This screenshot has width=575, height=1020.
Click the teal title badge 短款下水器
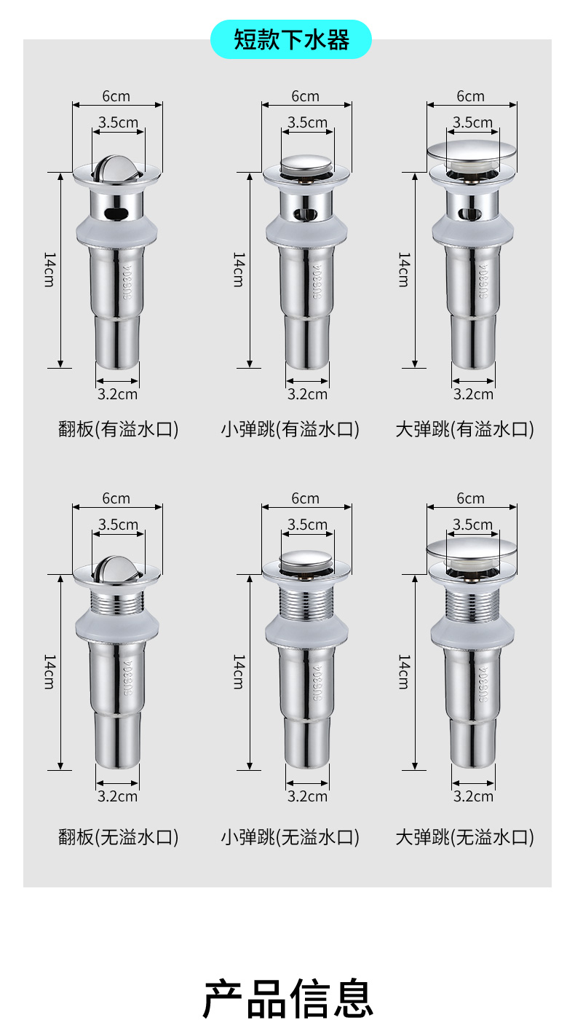click(290, 39)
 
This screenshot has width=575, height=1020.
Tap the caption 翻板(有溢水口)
click(118, 429)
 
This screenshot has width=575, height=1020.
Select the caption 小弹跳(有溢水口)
click(290, 429)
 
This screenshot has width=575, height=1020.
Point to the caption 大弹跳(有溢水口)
click(464, 429)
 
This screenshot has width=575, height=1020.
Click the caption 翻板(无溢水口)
click(118, 837)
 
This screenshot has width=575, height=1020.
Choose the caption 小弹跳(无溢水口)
click(290, 837)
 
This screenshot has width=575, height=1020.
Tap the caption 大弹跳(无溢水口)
click(464, 837)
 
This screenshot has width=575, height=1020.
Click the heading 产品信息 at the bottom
click(288, 998)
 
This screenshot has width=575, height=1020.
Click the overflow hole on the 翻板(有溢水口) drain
click(117, 213)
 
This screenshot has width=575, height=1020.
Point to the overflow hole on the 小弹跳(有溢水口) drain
click(306, 213)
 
